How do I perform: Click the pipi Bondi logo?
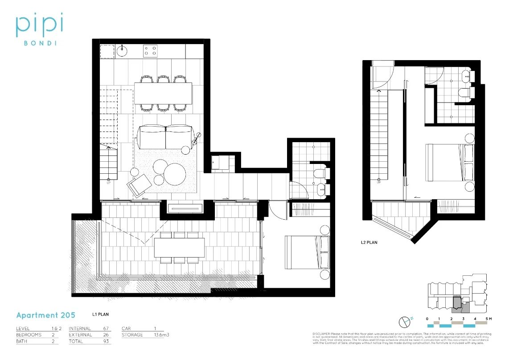coord(39,29)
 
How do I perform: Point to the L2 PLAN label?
coord(369,243)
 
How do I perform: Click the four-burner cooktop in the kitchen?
coord(150,51)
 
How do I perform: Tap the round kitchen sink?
coord(122,51)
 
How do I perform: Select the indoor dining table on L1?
coord(163,93)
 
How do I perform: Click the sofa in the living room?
coord(165,137)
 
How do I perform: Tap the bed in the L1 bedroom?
coord(307,252)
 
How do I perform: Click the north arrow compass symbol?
coord(404,322)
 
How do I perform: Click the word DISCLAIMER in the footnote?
coord(322,334)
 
